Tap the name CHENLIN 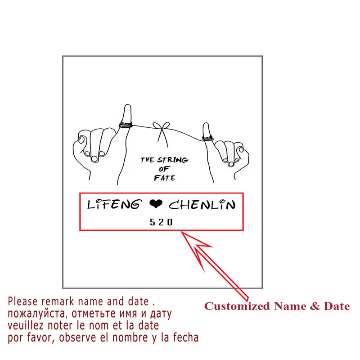[202, 205]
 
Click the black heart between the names [156, 205]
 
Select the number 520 [161, 222]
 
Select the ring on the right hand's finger [207, 137]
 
